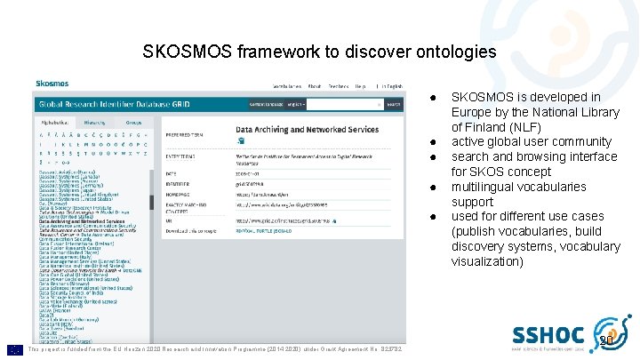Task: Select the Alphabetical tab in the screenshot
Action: pos(55,122)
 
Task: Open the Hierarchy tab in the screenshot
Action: pos(93,122)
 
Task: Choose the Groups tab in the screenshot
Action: pos(132,122)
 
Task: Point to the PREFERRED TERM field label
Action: pos(186,136)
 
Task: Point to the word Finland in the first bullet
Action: pos(486,126)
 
